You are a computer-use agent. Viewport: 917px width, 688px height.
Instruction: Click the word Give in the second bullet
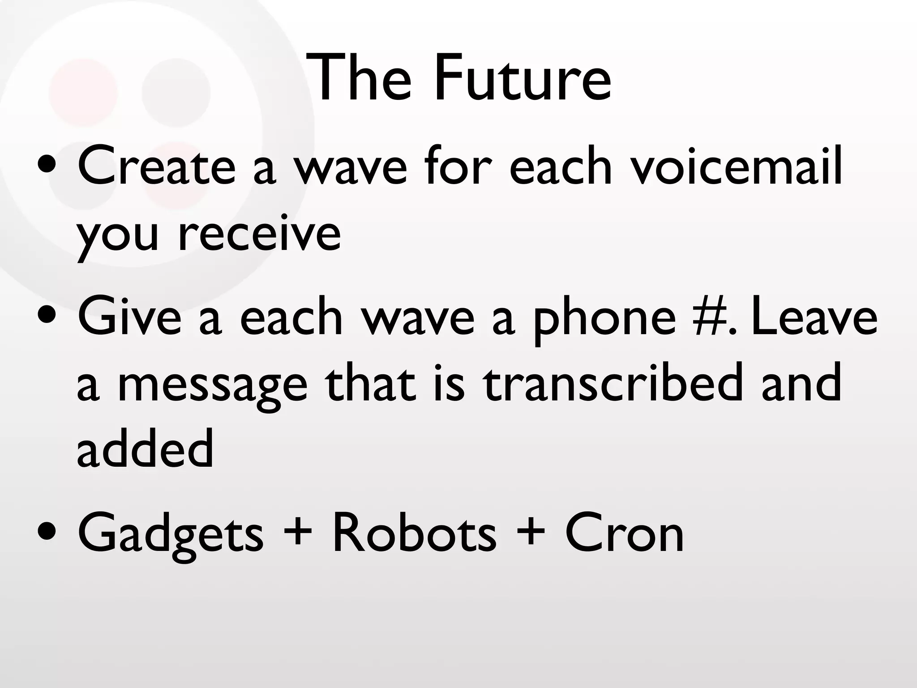(130, 317)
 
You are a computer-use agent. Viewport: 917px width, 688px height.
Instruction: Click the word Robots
(414, 533)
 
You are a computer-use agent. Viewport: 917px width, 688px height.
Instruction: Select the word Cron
(624, 533)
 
